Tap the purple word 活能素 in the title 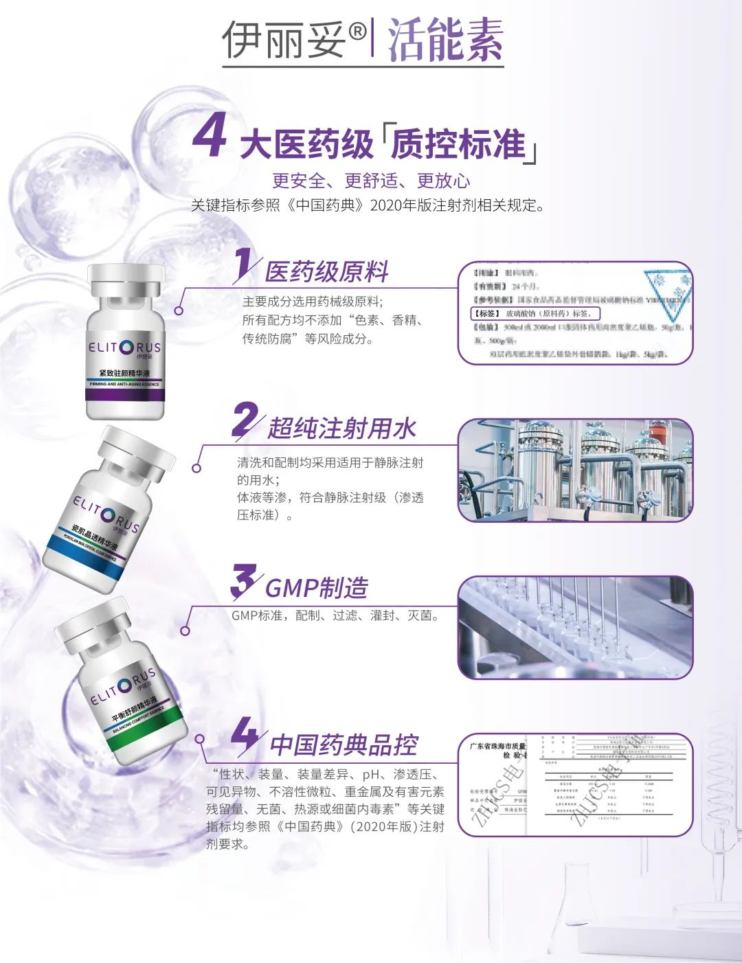445,40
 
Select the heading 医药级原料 327,271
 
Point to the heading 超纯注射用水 342,428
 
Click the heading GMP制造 317,588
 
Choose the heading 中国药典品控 344,745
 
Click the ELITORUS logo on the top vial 124,348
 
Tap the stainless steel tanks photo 575,470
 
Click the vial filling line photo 575,627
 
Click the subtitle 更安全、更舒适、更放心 371,181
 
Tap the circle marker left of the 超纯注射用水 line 196,468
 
